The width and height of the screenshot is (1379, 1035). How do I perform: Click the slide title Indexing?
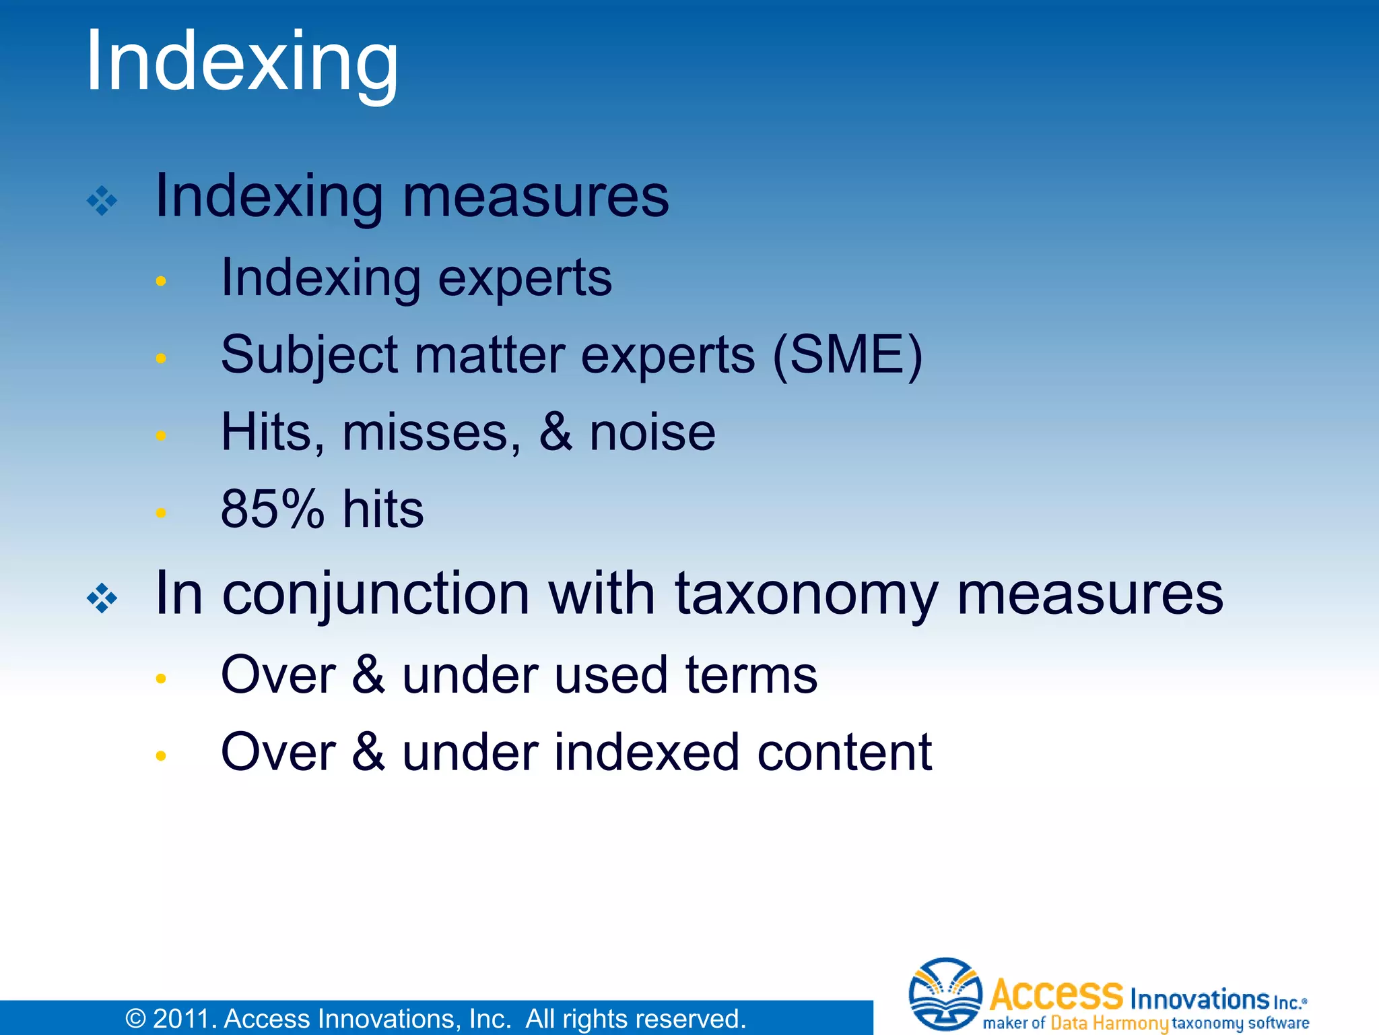point(242,63)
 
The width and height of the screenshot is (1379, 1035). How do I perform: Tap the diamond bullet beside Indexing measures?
point(102,201)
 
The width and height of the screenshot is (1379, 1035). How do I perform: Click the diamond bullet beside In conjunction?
point(102,598)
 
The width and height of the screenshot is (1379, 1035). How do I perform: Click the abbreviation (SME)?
point(847,356)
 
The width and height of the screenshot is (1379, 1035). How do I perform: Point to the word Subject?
point(309,357)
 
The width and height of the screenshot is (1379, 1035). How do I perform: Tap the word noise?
point(652,433)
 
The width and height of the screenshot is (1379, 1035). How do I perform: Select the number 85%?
point(273,509)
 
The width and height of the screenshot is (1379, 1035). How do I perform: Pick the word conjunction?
point(376,596)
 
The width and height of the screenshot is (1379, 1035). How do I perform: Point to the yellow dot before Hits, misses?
point(160,436)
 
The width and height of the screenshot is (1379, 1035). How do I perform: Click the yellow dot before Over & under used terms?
point(160,679)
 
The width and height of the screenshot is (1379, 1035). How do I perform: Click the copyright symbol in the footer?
point(135,1019)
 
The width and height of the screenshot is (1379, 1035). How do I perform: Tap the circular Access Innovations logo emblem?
point(945,995)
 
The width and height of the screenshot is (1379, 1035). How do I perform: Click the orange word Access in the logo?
point(1056,995)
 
